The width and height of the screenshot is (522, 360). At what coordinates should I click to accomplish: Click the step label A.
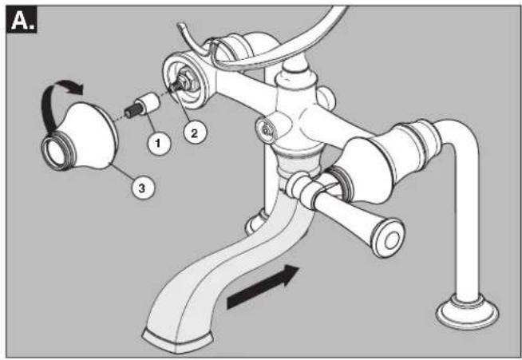(22, 20)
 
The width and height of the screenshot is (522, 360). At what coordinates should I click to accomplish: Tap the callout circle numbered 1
(159, 143)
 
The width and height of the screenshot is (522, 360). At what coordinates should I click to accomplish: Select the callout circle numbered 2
(195, 133)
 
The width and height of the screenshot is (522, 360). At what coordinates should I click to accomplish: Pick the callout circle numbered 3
(143, 188)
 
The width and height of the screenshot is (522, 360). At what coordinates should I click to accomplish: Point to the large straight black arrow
(263, 286)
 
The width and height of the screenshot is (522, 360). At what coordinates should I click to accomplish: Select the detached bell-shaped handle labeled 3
(80, 136)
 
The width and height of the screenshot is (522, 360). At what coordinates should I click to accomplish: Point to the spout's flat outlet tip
(176, 340)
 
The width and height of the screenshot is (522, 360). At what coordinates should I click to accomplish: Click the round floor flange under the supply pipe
(467, 312)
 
